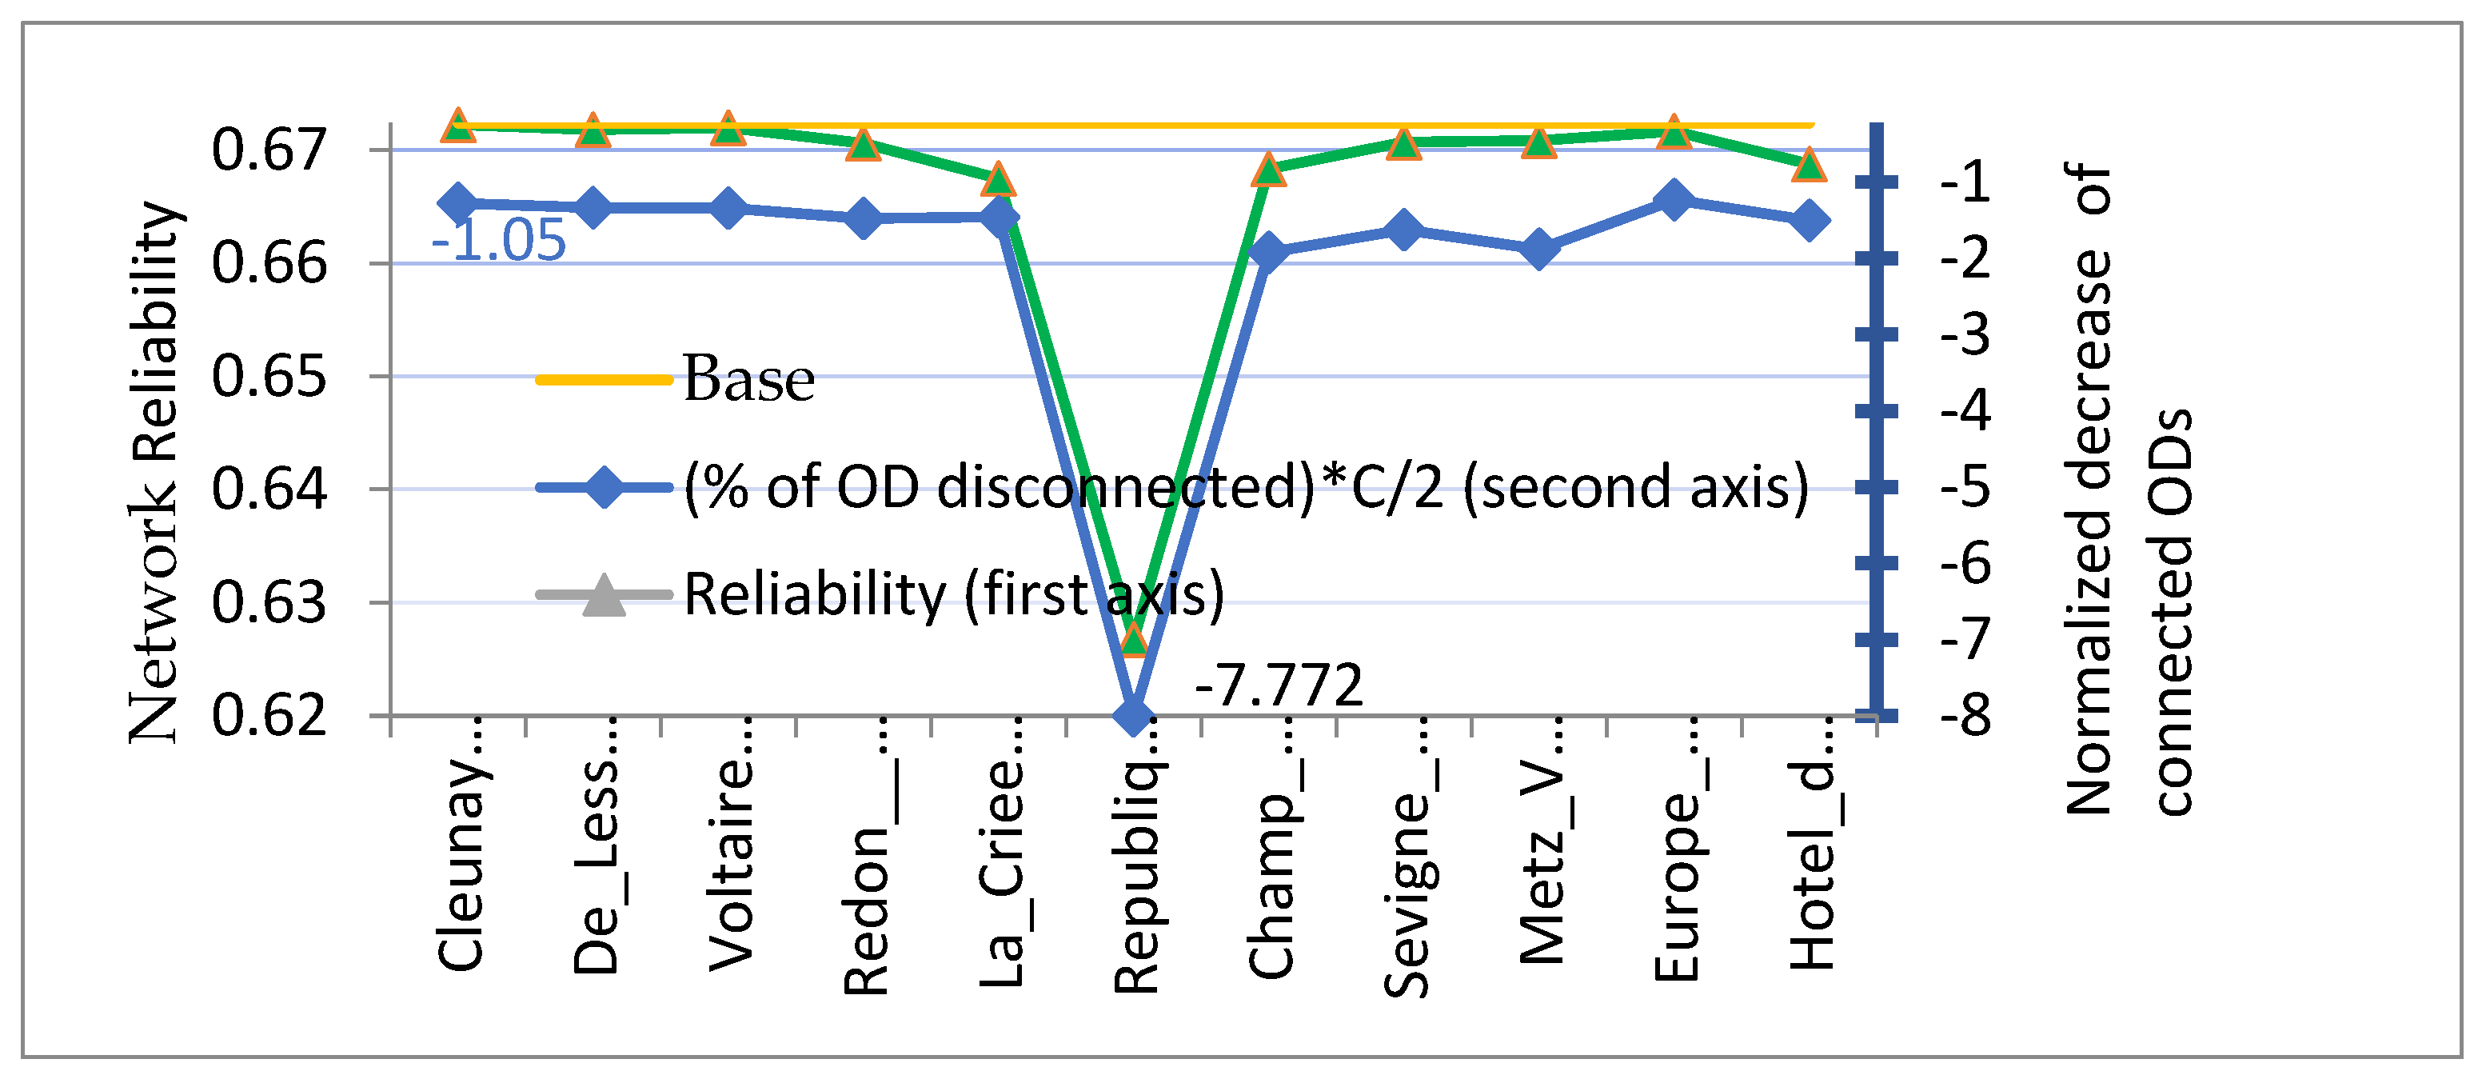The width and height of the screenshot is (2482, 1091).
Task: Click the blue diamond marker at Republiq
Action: point(1133,714)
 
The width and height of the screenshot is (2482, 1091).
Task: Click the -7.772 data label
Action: point(1279,685)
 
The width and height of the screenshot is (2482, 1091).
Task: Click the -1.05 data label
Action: point(498,240)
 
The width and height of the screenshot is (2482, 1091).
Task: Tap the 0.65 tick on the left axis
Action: point(269,376)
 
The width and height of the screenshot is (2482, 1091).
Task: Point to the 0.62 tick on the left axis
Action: point(269,715)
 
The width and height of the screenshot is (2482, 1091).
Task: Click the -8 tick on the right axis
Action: point(1965,715)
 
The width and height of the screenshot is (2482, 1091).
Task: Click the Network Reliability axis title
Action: point(154,472)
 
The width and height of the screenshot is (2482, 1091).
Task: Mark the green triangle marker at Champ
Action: point(1269,170)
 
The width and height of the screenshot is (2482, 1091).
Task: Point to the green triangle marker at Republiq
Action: point(1134,637)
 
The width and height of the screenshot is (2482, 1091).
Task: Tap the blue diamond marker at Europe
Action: point(1674,199)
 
